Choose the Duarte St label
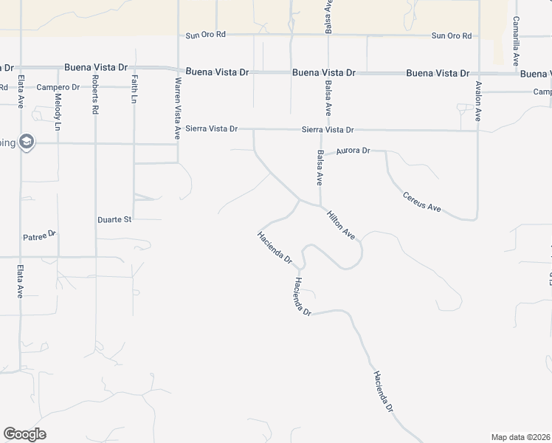tap(114, 219)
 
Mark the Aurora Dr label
tap(352, 151)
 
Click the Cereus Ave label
tap(422, 202)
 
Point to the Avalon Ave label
tap(478, 103)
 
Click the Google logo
tap(24, 434)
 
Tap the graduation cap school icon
tap(27, 142)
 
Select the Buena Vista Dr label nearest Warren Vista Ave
tap(218, 72)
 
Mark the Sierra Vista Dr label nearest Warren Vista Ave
tap(213, 128)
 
